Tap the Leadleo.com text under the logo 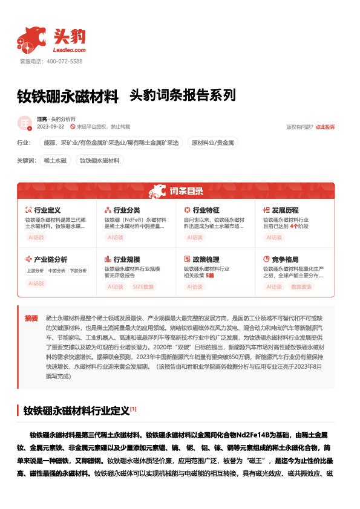point(70,50)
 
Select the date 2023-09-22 point(51,127)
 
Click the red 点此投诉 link point(324,127)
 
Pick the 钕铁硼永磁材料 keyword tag point(100,161)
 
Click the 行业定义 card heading point(47,209)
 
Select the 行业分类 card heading point(126,209)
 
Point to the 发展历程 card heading point(285,209)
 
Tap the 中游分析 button point(56,271)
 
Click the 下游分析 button point(77,271)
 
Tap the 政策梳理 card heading point(206,259)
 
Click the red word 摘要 point(31,317)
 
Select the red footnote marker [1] point(133,409)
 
